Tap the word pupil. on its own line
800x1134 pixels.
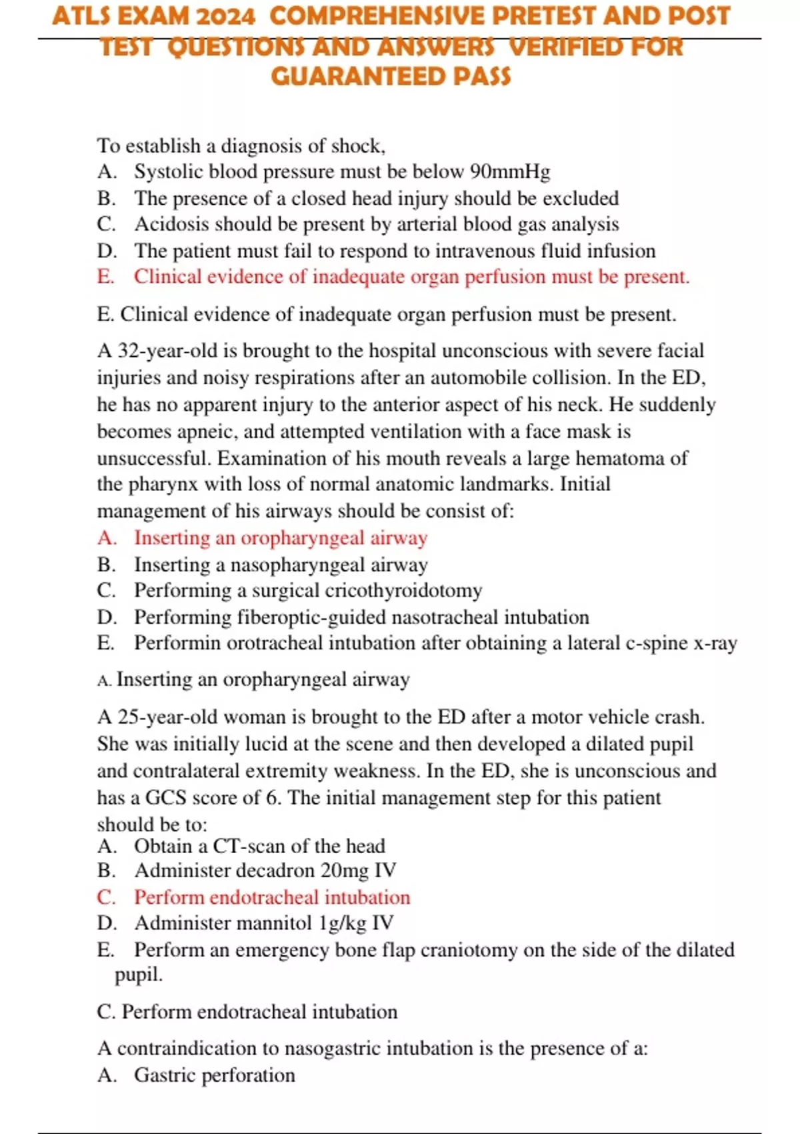(x=139, y=975)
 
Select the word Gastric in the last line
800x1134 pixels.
(x=165, y=1075)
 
